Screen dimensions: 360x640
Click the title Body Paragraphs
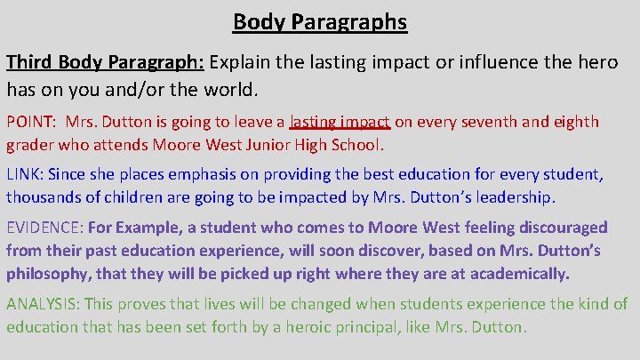pos(320,21)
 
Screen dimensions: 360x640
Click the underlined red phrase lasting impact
pos(340,123)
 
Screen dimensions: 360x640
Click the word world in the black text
pos(230,90)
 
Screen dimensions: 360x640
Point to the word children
pos(130,197)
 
